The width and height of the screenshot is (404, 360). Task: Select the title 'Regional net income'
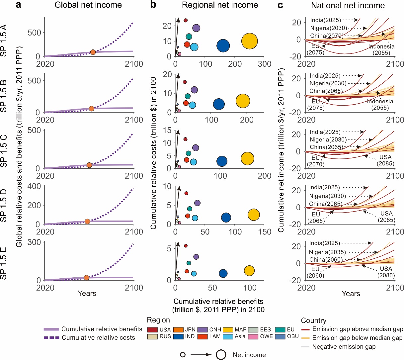(220, 5)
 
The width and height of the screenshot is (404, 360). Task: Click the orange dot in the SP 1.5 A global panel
(93, 52)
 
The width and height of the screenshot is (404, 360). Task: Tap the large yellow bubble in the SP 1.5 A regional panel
(249, 41)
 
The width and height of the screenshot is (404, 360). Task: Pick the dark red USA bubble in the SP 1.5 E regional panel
(186, 246)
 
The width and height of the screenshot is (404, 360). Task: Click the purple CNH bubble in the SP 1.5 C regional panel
(196, 148)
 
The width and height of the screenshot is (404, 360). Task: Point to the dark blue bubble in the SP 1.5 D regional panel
(226, 218)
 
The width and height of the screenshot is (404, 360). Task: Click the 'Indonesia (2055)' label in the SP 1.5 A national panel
(381, 50)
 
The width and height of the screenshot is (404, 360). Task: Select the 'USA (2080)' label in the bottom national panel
(386, 272)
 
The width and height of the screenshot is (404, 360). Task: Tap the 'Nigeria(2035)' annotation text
(327, 252)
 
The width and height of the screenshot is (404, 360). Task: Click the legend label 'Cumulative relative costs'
(98, 338)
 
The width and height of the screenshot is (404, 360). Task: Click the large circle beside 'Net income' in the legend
(221, 355)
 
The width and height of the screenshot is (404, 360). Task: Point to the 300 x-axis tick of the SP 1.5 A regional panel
(264, 64)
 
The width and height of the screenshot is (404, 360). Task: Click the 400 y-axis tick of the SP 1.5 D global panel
(35, 186)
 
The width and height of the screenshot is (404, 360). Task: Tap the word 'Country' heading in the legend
(313, 320)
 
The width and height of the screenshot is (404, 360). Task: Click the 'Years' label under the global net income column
(87, 293)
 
